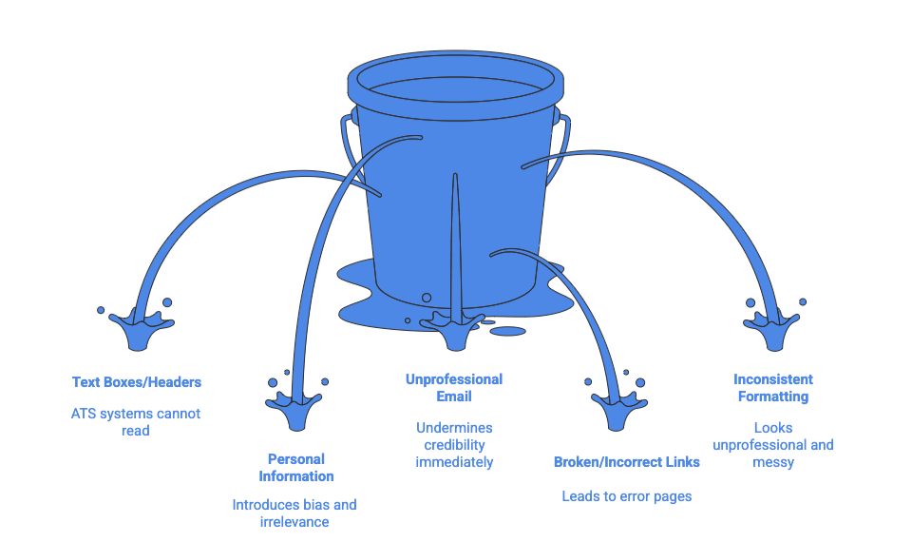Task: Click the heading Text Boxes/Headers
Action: click(x=137, y=382)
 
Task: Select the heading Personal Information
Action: click(x=295, y=467)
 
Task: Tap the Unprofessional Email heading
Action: click(x=454, y=388)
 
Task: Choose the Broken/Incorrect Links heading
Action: click(x=627, y=462)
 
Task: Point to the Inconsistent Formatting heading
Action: click(x=772, y=388)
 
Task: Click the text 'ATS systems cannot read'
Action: click(x=136, y=422)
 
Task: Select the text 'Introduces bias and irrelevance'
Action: click(x=294, y=513)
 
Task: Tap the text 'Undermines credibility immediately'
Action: click(x=454, y=445)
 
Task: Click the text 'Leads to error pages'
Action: click(x=626, y=496)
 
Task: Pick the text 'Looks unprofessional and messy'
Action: click(x=772, y=445)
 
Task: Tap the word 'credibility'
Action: click(x=454, y=445)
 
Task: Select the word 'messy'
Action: click(x=773, y=462)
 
